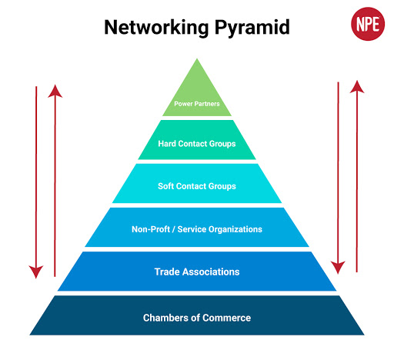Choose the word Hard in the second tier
(168, 143)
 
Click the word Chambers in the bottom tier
(165, 318)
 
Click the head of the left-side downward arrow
(35, 270)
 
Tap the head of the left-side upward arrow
(55, 91)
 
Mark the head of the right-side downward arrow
(337, 267)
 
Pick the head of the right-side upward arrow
(356, 85)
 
